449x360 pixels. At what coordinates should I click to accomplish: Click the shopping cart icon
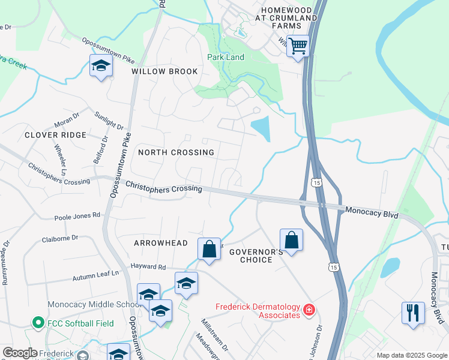pyautogui.click(x=298, y=46)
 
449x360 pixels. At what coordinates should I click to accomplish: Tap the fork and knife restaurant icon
pyautogui.click(x=412, y=313)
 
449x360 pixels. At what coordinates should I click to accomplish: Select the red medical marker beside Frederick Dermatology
pyautogui.click(x=309, y=310)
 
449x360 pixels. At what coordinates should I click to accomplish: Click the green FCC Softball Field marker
pyautogui.click(x=38, y=323)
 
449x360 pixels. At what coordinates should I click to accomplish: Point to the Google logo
pyautogui.click(x=20, y=353)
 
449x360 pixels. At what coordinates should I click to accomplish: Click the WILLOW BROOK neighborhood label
pyautogui.click(x=164, y=71)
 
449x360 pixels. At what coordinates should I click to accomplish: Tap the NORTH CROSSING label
pyautogui.click(x=176, y=152)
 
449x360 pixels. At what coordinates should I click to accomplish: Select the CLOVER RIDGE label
pyautogui.click(x=56, y=135)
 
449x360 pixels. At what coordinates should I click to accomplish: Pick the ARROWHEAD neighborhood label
pyautogui.click(x=161, y=243)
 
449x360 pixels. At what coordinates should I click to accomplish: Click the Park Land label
pyautogui.click(x=226, y=57)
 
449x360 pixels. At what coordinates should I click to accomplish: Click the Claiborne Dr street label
pyautogui.click(x=60, y=238)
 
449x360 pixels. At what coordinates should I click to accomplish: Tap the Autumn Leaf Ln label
pyautogui.click(x=97, y=277)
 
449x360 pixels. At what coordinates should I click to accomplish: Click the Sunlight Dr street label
pyautogui.click(x=109, y=120)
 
